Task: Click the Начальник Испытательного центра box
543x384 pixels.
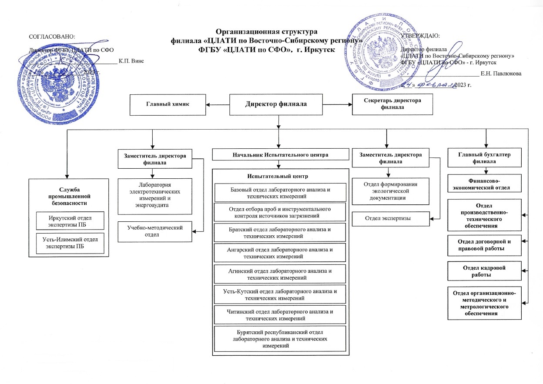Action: click(281, 154)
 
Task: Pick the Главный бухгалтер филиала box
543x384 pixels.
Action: click(484, 157)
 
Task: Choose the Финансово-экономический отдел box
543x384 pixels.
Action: click(484, 183)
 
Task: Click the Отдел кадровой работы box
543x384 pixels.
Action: click(484, 271)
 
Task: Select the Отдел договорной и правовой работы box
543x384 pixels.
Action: click(484, 245)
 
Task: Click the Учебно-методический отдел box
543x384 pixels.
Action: click(155, 231)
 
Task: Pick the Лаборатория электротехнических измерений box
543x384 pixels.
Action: click(155, 195)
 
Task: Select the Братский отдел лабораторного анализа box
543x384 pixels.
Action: click(280, 232)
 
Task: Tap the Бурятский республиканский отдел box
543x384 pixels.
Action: click(280, 339)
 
